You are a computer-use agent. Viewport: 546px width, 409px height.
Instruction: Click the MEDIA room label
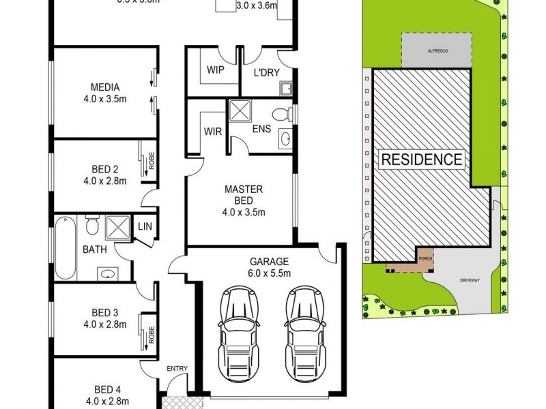click(105, 87)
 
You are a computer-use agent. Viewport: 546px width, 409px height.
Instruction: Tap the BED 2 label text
click(105, 169)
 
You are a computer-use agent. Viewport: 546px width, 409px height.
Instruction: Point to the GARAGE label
click(270, 261)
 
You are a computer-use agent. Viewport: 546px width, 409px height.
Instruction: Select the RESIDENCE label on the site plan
click(422, 160)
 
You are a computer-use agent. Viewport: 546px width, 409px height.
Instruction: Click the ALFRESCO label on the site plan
click(435, 51)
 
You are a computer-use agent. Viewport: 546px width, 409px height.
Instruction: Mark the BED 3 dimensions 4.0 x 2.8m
click(105, 324)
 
